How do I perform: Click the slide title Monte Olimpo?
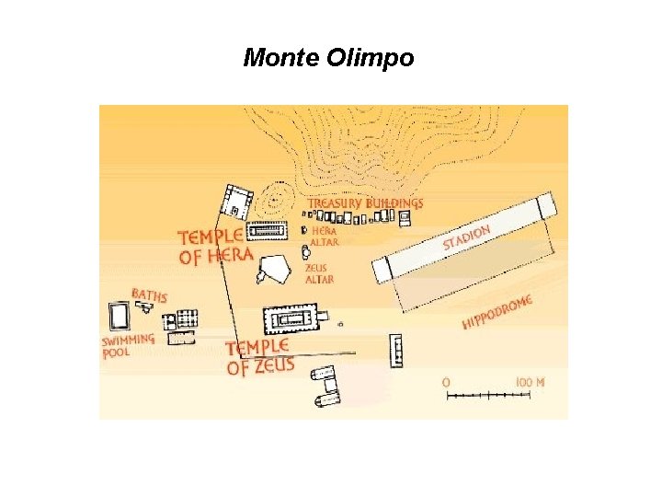[328, 59]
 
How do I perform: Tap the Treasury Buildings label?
[365, 203]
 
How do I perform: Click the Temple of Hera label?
[215, 246]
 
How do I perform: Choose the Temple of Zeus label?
[260, 356]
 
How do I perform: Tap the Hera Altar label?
[325, 237]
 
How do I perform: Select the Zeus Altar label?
[319, 273]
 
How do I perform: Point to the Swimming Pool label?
[128, 346]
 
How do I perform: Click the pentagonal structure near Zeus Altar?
[273, 269]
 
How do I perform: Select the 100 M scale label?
[530, 381]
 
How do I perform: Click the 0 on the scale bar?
[447, 381]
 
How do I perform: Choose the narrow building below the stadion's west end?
[397, 351]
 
